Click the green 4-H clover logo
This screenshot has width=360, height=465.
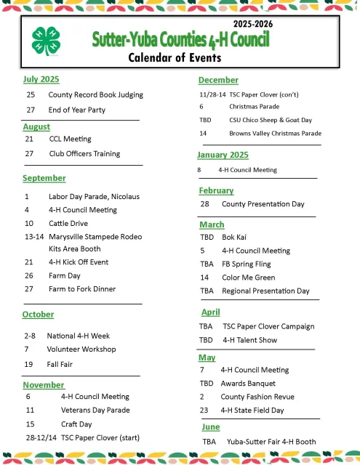[x=46, y=42]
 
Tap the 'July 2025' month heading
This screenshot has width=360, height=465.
[x=41, y=79]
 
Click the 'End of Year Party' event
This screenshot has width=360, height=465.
[x=77, y=110]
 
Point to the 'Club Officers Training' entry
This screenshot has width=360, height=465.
[x=84, y=153]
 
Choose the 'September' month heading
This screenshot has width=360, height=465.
[x=44, y=178]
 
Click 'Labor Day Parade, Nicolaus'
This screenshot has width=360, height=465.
[x=94, y=196]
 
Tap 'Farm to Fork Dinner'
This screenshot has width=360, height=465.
[x=82, y=289]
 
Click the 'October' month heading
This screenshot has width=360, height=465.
[x=39, y=315]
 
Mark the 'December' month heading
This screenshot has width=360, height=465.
[x=218, y=80]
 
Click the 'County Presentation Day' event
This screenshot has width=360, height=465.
[x=263, y=204]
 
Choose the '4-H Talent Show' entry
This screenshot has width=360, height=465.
[x=250, y=339]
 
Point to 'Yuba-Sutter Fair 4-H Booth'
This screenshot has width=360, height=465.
[x=271, y=441]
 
